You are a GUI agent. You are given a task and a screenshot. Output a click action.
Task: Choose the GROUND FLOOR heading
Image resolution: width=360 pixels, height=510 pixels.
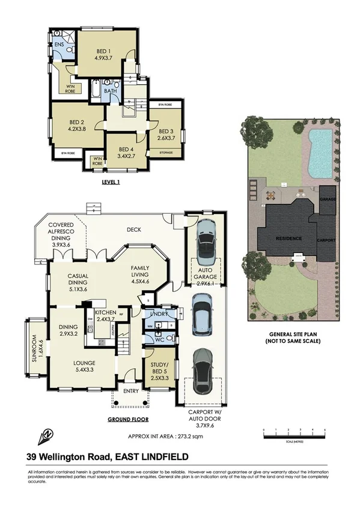128,419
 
